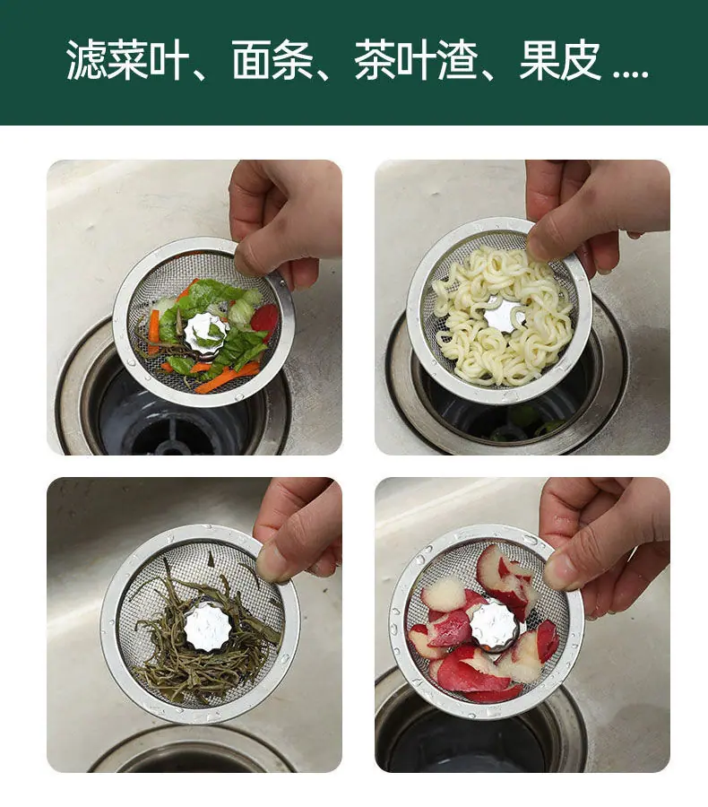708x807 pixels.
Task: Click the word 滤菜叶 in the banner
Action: (127, 60)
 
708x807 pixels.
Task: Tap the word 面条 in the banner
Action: (272, 60)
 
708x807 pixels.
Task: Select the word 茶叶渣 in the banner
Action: (416, 60)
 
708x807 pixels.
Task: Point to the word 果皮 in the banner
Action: (560, 60)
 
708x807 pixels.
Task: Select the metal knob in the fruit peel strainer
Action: (494, 624)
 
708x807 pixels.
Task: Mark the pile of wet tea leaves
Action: (206, 633)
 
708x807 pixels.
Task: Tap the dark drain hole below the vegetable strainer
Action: (169, 427)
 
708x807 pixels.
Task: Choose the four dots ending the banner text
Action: (631, 75)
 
